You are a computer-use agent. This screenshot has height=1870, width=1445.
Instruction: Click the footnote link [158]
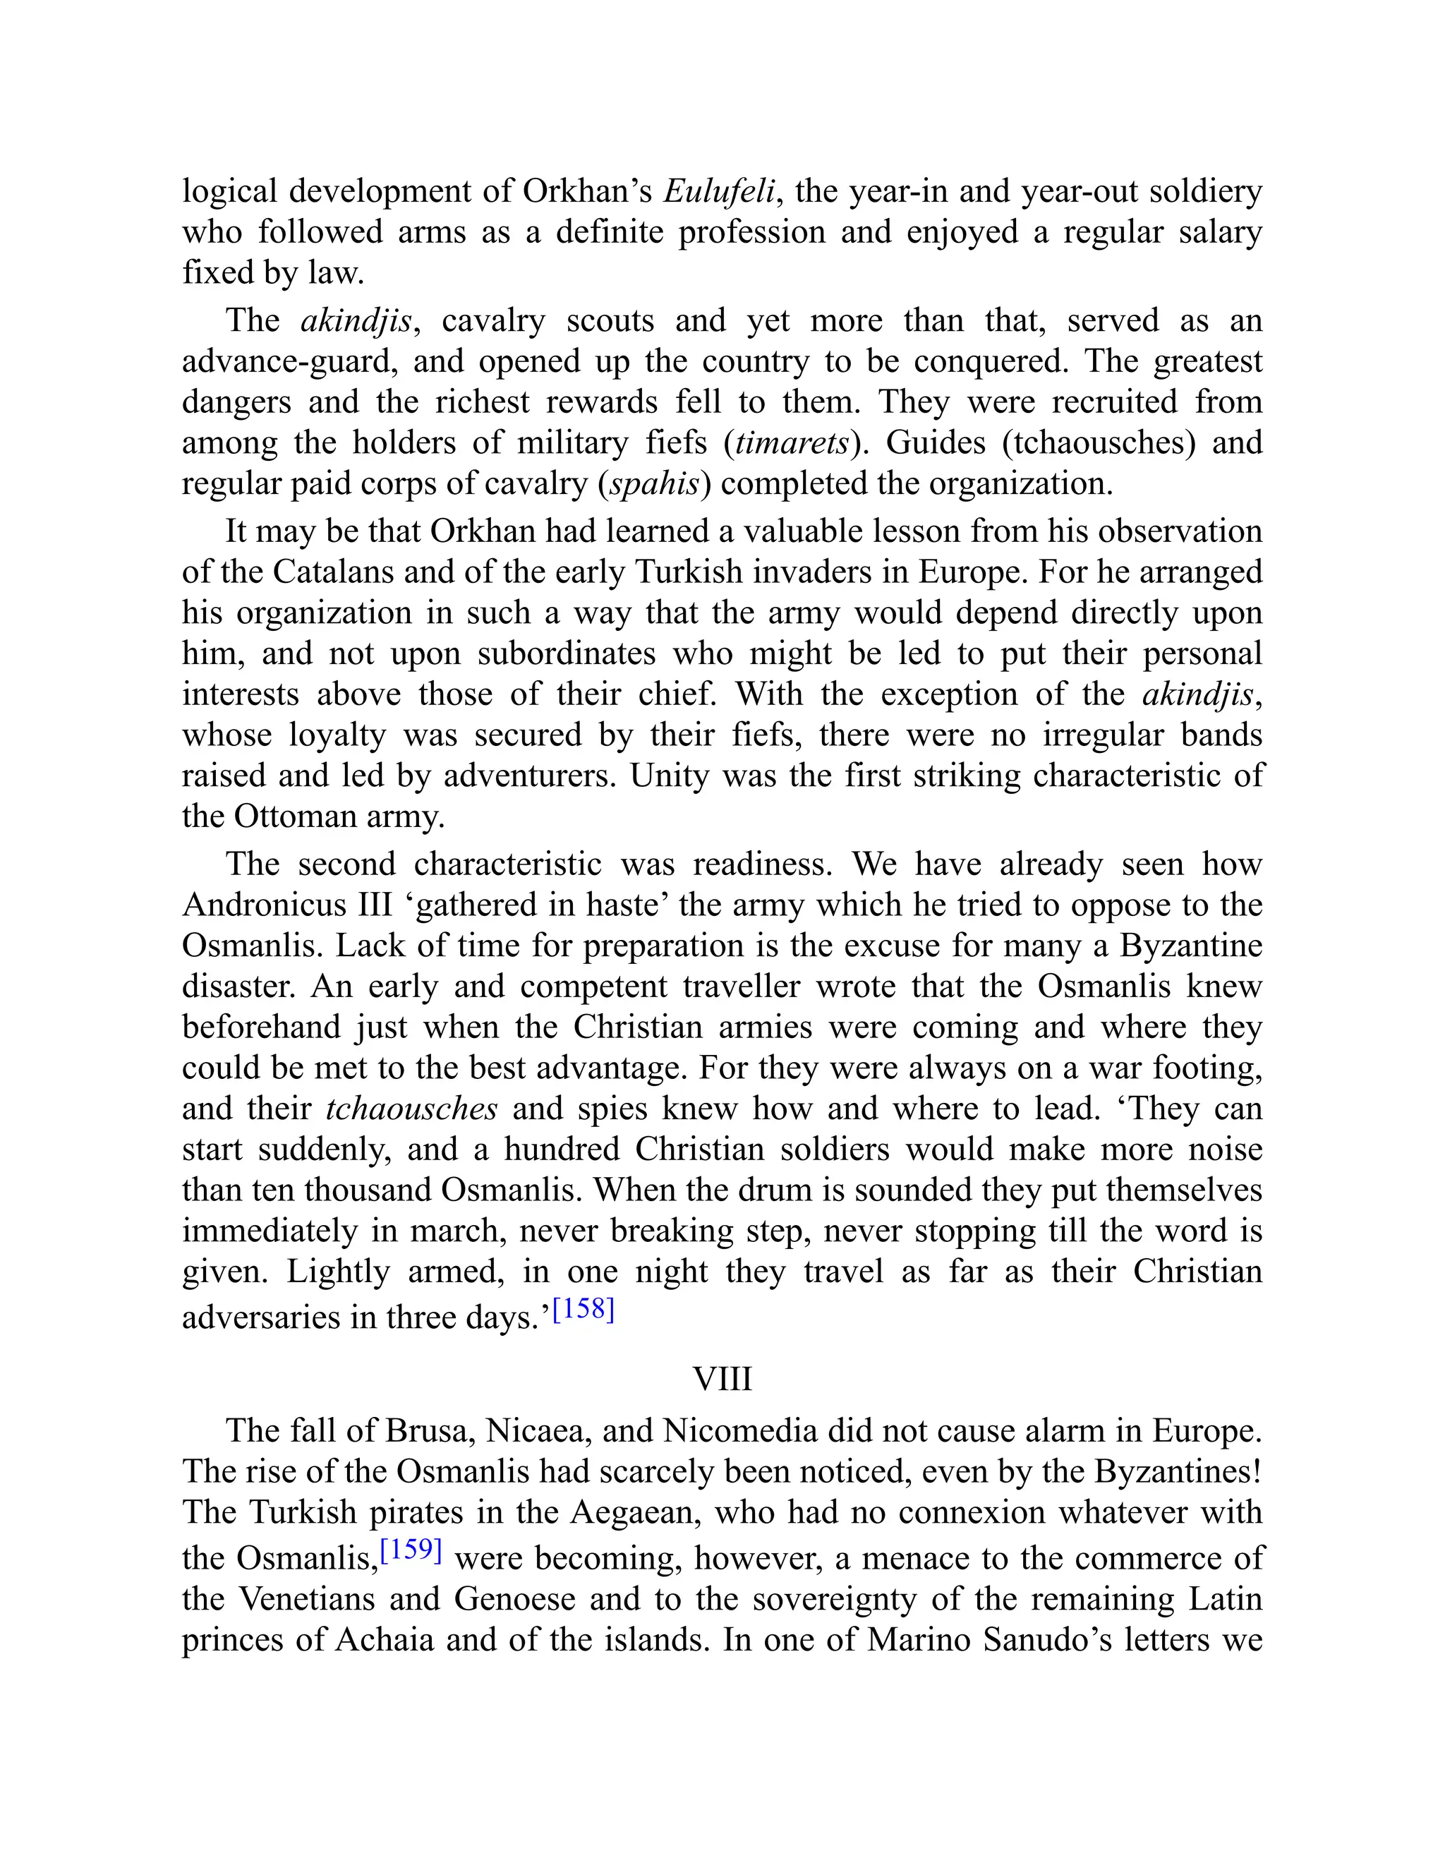pos(584,1310)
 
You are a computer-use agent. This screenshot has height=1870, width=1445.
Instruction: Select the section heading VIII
pos(722,1380)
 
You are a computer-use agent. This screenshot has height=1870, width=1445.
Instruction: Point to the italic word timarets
pos(792,442)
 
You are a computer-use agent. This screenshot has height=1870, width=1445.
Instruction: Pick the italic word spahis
pos(654,484)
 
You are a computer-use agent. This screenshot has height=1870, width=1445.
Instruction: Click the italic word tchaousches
pos(412,1108)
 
